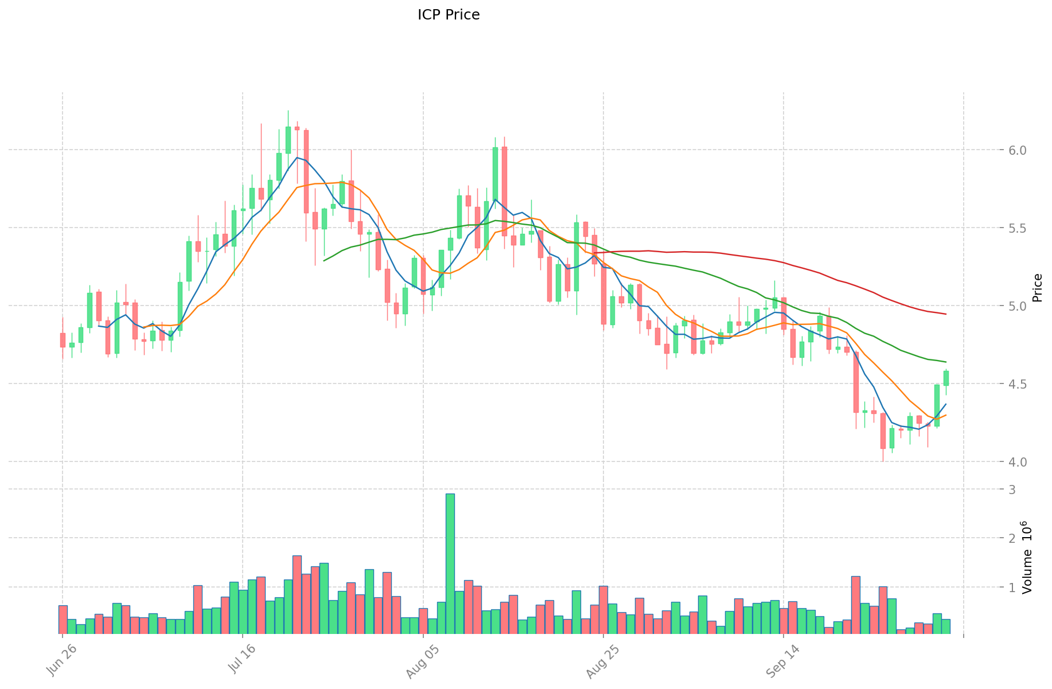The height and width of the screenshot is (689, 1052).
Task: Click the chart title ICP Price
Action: click(449, 15)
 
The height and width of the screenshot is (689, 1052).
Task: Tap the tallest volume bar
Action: click(450, 563)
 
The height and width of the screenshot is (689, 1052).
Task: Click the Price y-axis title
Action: click(1037, 287)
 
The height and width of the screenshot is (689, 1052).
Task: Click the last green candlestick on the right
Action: click(946, 378)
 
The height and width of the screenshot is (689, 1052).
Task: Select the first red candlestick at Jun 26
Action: click(63, 340)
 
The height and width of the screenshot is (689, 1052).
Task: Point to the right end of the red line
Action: click(946, 314)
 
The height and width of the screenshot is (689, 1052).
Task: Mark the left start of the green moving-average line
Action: click(324, 261)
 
